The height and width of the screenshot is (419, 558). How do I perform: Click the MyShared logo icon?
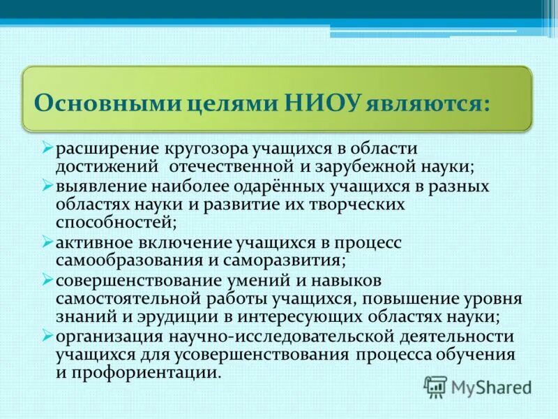point(435,386)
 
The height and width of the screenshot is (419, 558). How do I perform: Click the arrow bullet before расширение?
point(47,147)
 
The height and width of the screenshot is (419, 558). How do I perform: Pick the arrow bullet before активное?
point(47,242)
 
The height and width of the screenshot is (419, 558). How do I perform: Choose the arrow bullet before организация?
point(47,336)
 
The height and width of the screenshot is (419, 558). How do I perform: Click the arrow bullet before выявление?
point(47,186)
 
